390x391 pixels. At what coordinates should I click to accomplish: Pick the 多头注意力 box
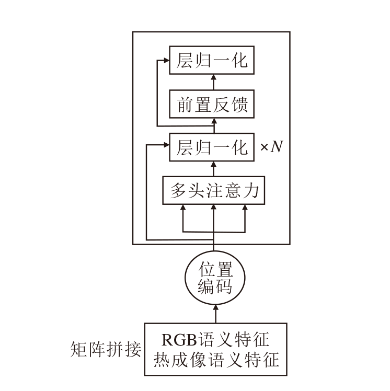click(213, 191)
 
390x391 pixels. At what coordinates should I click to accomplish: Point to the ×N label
click(271, 148)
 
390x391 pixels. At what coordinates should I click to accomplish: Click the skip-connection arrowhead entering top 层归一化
click(166, 61)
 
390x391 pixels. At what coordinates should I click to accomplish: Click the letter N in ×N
click(277, 148)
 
